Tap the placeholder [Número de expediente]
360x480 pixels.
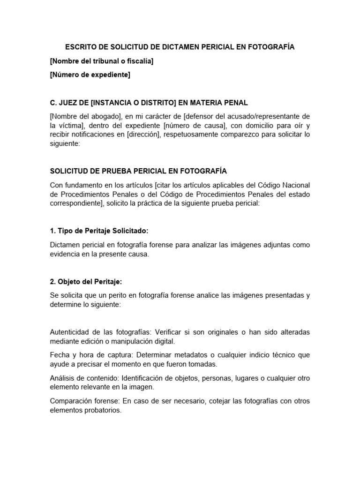(x=90, y=75)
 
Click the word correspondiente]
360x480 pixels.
(x=77, y=204)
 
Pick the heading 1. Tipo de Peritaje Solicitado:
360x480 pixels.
(x=98, y=231)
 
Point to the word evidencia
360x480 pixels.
(x=67, y=254)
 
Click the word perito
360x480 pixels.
(x=119, y=295)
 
